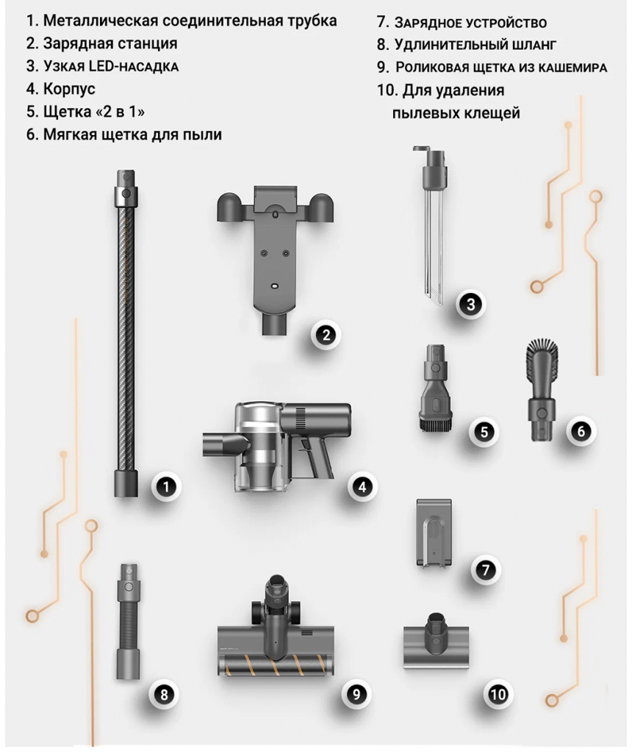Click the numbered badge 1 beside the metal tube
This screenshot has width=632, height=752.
166,488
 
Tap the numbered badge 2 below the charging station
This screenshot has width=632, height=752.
326,335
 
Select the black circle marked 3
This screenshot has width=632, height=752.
471,304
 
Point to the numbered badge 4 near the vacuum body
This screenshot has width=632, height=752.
362,488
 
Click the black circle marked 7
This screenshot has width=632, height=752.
486,570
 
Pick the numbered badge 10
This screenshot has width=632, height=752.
498,695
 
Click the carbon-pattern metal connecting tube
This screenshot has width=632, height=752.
126,333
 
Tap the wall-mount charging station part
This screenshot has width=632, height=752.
275,259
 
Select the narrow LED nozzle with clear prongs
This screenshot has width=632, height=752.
433,225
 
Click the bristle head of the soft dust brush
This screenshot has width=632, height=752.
543,360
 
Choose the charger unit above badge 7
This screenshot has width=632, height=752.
434,532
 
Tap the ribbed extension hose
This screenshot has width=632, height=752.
128,621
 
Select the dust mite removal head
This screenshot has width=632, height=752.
436,640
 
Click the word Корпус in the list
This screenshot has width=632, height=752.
69,89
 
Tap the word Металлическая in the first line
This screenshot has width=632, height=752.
100,21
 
